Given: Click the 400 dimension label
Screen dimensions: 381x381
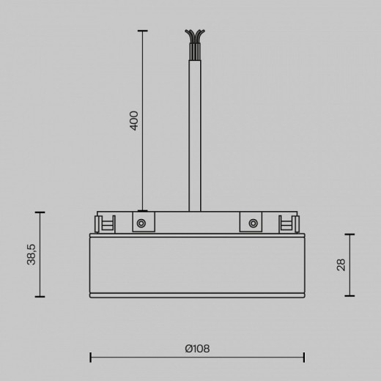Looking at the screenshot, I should tap(134, 120).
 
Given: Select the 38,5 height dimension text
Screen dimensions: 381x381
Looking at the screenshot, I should tap(32, 254).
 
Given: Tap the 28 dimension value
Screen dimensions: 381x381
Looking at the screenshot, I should tap(341, 265).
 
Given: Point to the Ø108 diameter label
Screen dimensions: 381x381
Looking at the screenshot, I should tap(197, 348).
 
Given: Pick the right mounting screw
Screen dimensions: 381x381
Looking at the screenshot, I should tap(253, 223).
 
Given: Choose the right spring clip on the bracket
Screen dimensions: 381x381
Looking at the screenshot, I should tap(288, 223).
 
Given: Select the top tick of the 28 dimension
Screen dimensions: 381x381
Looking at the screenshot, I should tap(349, 234).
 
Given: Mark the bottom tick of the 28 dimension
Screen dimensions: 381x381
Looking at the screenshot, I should tap(349, 296).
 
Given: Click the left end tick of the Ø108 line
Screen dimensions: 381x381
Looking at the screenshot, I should tap(90, 358).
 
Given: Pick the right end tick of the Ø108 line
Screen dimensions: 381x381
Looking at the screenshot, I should tap(304, 358).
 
